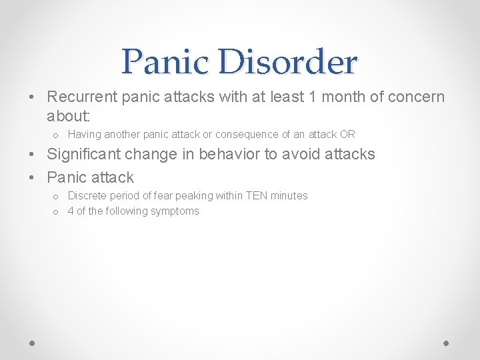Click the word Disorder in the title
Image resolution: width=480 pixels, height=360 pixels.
286,63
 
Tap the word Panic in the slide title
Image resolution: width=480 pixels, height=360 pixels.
163,63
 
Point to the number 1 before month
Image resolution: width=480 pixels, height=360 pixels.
313,97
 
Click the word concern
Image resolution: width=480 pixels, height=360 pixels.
415,97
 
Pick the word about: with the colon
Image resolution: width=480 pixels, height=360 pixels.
68,116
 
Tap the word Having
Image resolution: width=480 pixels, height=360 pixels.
85,134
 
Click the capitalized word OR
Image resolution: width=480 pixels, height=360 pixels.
347,134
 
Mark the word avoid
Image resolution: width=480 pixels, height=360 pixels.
300,154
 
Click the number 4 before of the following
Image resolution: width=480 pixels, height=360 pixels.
71,211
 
